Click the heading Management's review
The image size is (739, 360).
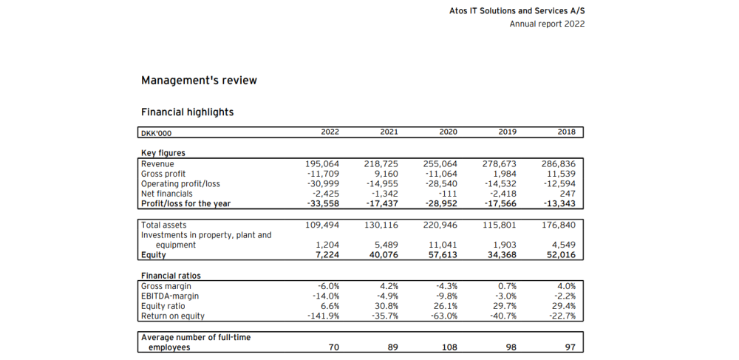point(199,80)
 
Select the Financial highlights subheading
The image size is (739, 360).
point(187,112)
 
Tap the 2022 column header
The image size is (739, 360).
point(330,132)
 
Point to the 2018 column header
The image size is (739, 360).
point(566,132)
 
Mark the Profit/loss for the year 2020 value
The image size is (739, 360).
point(442,204)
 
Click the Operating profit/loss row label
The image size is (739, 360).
point(180,183)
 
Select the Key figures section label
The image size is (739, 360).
point(163,153)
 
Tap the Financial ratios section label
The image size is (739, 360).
point(171,276)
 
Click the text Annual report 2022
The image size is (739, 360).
point(547,24)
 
